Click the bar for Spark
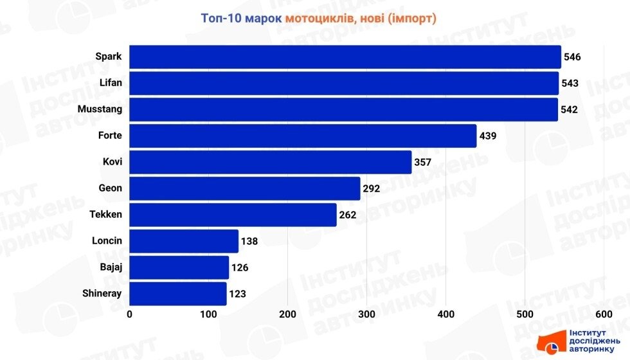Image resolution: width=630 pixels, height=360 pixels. click(345, 57)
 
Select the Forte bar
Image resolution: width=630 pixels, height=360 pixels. click(303, 136)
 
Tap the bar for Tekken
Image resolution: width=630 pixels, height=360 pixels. click(233, 215)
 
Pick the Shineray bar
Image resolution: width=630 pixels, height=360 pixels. click(178, 294)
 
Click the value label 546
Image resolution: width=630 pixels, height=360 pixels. click(572, 57)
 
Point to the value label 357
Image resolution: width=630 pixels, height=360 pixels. click(422, 162)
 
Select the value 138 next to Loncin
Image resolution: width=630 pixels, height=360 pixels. click(249, 242)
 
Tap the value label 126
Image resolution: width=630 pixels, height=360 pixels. click(240, 268)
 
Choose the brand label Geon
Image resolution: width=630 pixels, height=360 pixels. click(111, 188)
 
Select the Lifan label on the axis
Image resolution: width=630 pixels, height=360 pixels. click(111, 83)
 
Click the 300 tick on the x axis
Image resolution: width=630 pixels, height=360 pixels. click(366, 314)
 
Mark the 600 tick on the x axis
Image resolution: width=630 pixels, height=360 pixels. click(604, 314)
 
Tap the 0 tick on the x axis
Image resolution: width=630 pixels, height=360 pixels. click(130, 314)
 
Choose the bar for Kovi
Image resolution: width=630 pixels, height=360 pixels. click(271, 162)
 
